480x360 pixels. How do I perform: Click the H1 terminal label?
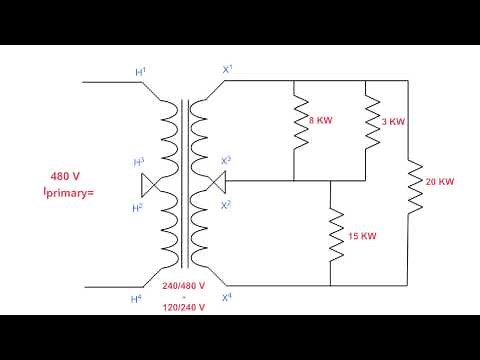[141, 71]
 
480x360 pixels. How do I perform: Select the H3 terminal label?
[141, 162]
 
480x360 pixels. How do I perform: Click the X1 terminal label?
[227, 70]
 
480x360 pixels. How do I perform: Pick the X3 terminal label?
[226, 160]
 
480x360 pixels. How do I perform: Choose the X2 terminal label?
[226, 205]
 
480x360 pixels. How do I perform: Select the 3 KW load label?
[394, 121]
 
